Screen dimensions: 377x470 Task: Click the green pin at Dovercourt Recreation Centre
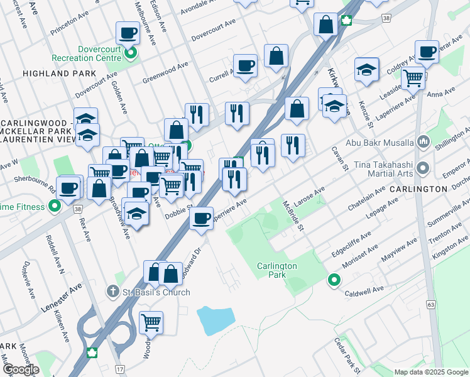[131, 53]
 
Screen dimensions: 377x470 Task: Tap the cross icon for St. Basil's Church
[112, 291]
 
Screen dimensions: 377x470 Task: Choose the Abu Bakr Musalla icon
[422, 141]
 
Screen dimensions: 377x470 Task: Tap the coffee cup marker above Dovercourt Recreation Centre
[128, 33]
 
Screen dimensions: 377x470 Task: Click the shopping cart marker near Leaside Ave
[413, 78]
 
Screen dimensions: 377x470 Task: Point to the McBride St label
[293, 216]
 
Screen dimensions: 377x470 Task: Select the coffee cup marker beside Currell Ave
[245, 65]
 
